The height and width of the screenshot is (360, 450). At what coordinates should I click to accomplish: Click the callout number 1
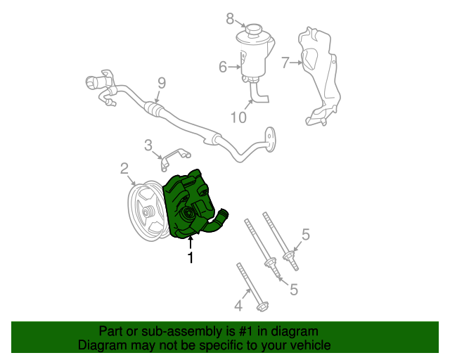coord(190,258)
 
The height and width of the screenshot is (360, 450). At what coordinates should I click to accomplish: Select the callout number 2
coord(124,168)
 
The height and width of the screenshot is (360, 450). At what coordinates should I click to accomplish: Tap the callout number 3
coord(148,146)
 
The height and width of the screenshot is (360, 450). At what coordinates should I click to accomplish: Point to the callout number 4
coord(238,305)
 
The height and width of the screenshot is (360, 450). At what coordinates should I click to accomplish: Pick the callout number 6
coord(223,67)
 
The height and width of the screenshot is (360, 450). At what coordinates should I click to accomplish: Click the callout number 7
coord(285,63)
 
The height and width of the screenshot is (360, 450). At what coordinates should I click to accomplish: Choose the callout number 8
coord(229,19)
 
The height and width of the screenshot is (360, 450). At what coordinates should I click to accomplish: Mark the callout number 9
coord(161,83)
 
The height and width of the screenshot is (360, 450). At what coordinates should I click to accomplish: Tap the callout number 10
coord(238,117)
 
